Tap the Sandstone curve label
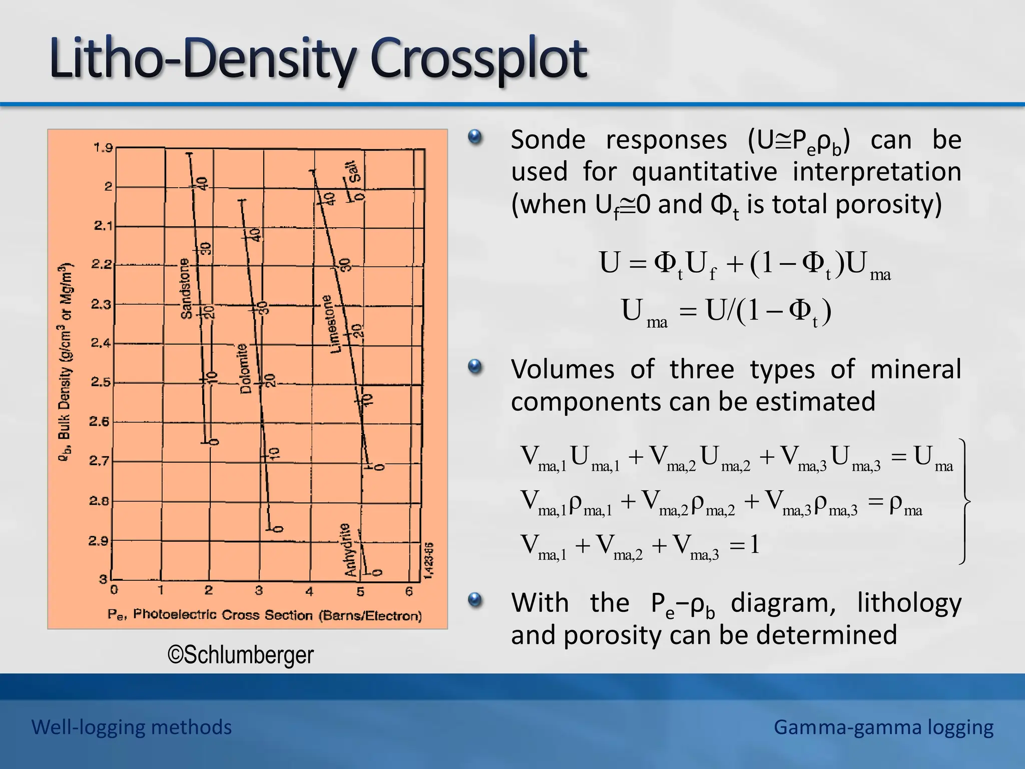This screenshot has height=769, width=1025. (186, 288)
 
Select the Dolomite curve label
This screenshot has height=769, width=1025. (243, 368)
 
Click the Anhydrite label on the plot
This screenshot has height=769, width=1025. (350, 550)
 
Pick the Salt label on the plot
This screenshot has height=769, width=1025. (354, 172)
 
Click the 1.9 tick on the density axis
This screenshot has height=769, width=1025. (103, 148)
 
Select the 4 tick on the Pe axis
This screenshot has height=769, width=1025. (309, 592)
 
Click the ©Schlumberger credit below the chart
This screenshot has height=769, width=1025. (241, 655)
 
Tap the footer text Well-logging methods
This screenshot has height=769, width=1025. (132, 727)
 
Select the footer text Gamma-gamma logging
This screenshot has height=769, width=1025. (883, 727)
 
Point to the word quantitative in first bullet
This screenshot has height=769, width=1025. (704, 172)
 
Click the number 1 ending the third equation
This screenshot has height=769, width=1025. (754, 544)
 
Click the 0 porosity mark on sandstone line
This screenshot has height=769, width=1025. (214, 442)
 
